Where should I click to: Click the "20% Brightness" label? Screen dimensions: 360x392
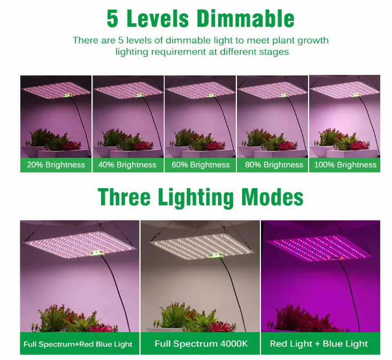[x=56, y=165]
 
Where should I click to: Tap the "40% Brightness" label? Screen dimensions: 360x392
[x=127, y=165]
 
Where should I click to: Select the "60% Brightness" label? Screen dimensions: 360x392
[x=200, y=165]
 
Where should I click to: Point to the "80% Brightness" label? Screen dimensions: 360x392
[x=273, y=165]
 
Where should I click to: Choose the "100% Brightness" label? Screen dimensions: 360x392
[x=344, y=165]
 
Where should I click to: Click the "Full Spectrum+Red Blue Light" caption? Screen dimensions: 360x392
[x=78, y=343]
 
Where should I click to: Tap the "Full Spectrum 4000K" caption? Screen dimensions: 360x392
[x=201, y=343]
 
